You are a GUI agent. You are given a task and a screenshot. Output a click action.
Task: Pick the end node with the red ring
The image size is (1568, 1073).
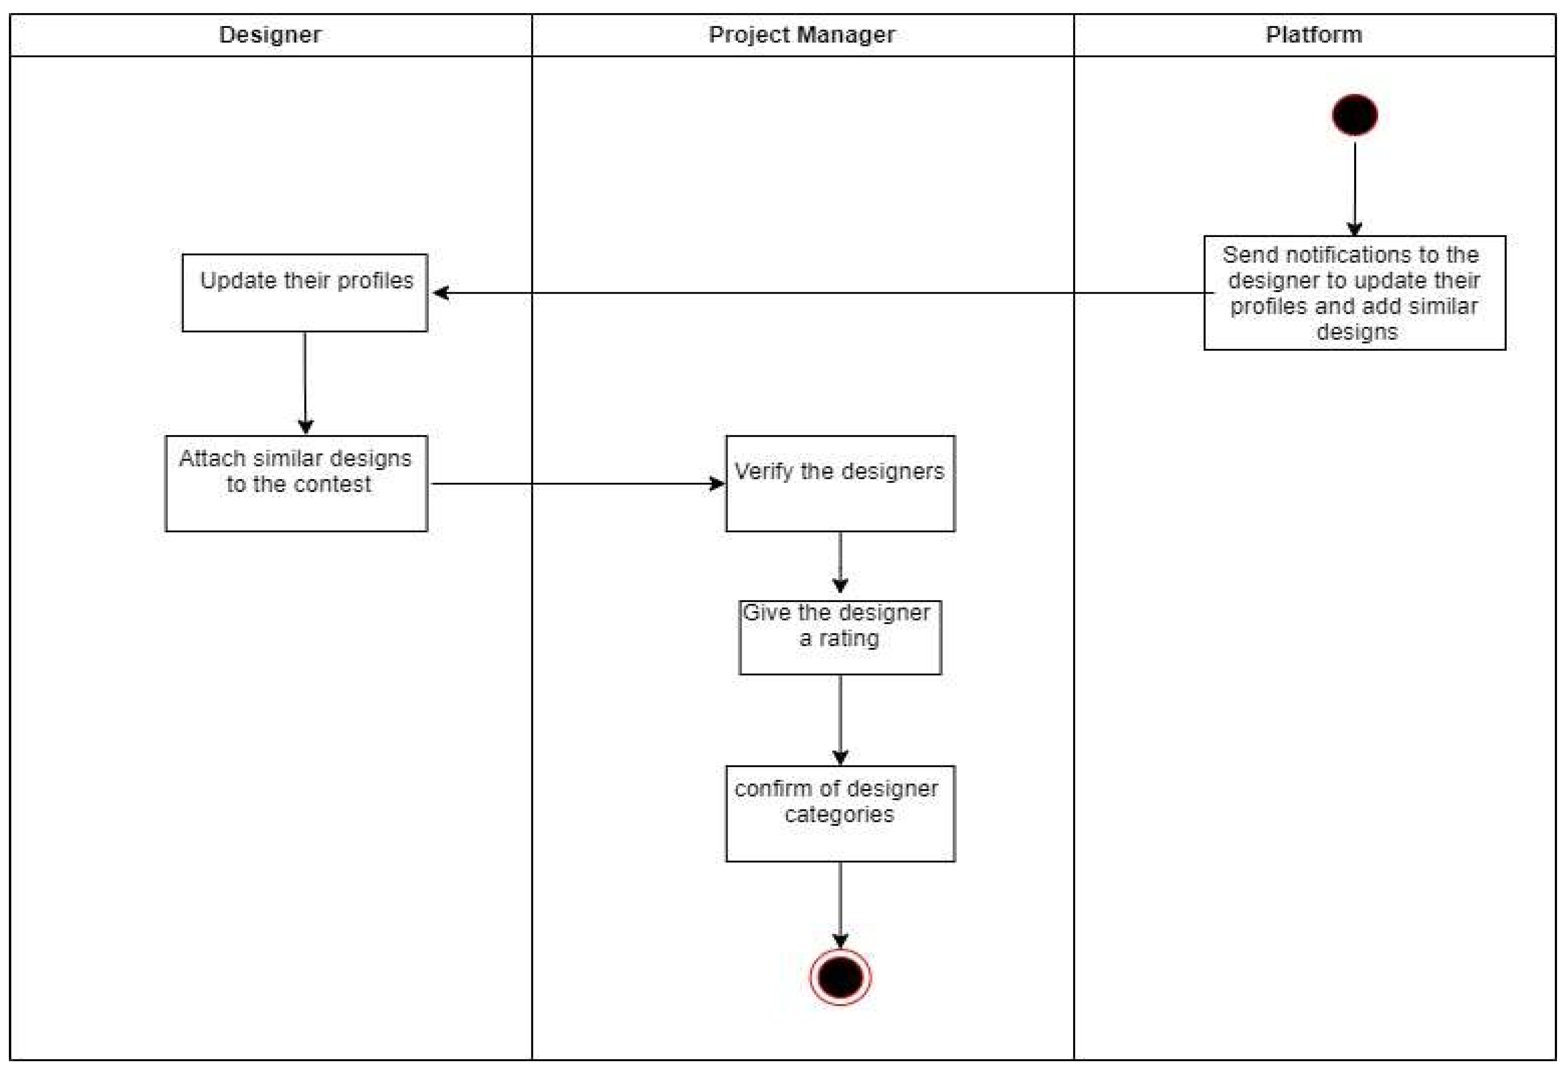(x=840, y=977)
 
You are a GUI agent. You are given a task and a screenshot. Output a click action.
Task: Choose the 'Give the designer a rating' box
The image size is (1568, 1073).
(x=840, y=637)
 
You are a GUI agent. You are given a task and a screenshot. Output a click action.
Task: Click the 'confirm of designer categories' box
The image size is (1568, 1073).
(x=840, y=813)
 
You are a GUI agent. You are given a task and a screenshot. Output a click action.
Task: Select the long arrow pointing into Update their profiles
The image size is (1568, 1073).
(x=810, y=293)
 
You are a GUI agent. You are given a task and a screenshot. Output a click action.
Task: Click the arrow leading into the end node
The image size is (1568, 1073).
(x=840, y=904)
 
